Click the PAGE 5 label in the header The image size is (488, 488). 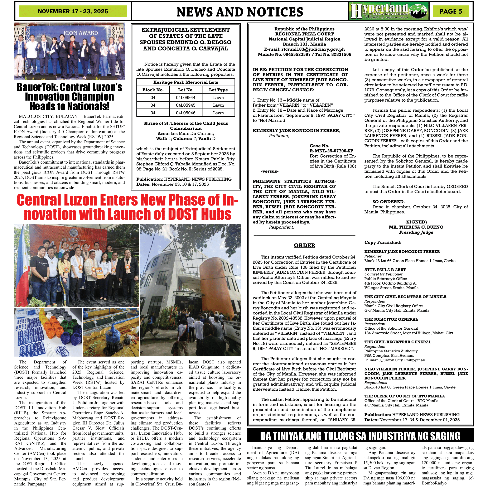[x=451, y=11]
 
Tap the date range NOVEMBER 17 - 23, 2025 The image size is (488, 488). [x=73, y=11]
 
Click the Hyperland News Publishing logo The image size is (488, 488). [x=389, y=11]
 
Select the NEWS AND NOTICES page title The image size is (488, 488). [x=240, y=12]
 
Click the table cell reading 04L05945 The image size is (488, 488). [x=185, y=105]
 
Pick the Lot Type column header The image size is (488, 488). [x=218, y=90]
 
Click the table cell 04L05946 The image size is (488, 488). [x=185, y=113]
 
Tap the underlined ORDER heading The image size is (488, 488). [x=304, y=245]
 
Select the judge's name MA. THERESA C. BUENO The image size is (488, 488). [x=416, y=227]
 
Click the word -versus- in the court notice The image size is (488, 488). [x=270, y=171]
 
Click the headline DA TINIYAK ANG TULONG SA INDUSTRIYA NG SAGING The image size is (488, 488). [x=360, y=436]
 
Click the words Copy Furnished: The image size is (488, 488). [x=383, y=242]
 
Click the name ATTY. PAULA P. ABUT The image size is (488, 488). [x=385, y=270]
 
